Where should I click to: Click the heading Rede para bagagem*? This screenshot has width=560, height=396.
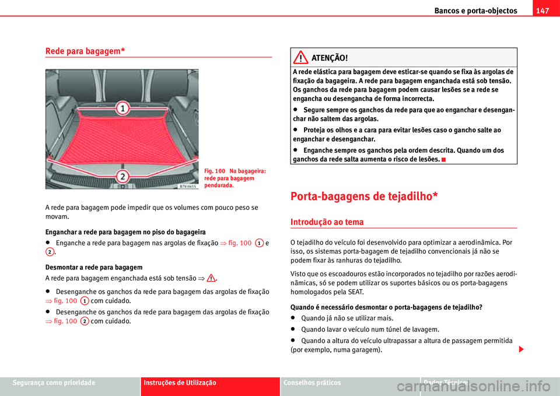(x=85, y=51)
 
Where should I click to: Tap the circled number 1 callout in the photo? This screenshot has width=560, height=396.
(x=122, y=108)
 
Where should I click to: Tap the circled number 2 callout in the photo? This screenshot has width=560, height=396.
(x=122, y=176)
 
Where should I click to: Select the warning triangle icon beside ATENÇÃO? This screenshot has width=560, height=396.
(x=302, y=58)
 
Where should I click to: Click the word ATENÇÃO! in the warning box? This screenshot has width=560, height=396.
(x=330, y=58)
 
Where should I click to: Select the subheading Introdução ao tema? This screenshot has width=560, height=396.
(x=327, y=222)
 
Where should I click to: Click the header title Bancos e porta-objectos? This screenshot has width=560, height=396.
(x=475, y=10)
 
